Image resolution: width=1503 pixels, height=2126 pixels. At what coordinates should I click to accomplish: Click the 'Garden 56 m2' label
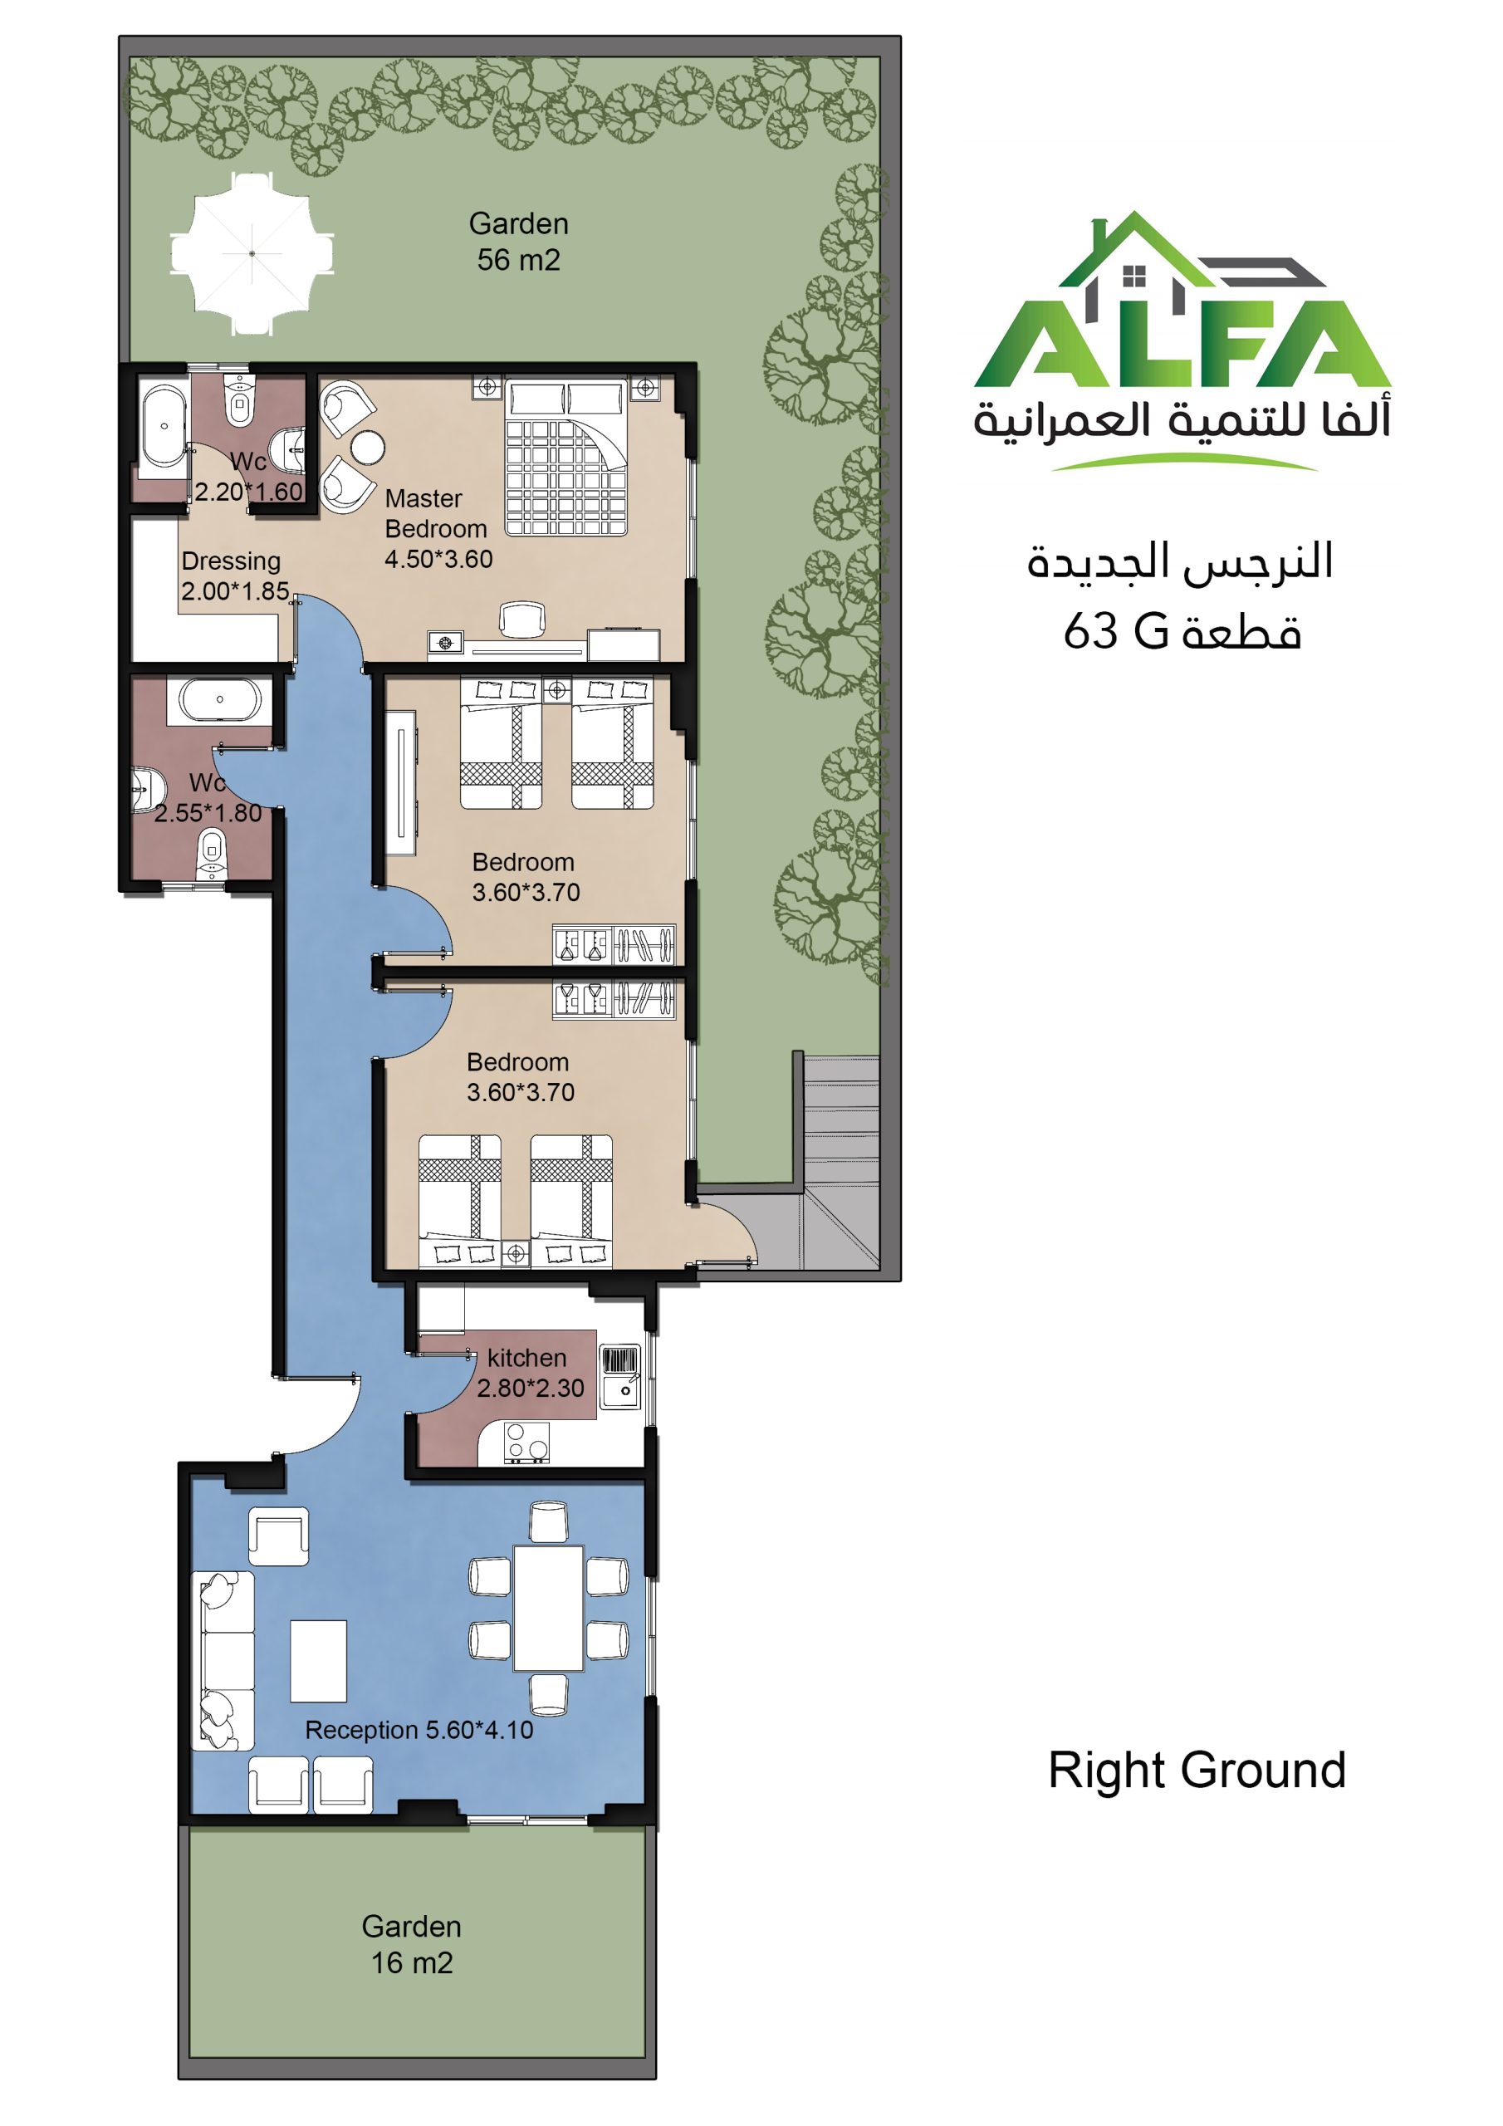(519, 241)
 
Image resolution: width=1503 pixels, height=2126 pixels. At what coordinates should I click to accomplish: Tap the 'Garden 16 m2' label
(411, 1944)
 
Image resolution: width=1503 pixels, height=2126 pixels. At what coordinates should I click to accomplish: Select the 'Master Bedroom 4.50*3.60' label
(438, 528)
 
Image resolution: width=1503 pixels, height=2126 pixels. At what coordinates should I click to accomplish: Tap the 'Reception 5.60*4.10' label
(419, 1730)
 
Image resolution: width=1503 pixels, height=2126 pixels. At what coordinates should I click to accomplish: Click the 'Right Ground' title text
(1197, 1770)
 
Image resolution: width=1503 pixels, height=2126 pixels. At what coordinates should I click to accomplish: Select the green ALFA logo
(1182, 340)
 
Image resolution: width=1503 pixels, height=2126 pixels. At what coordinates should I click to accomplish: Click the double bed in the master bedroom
(565, 458)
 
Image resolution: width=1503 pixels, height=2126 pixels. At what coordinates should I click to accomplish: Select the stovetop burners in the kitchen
(526, 1443)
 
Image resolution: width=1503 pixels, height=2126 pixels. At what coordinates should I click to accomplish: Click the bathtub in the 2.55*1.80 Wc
(219, 700)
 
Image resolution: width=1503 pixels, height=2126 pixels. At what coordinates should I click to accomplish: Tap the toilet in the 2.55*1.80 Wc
(212, 852)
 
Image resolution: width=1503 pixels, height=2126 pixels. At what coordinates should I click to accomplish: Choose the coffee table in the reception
(319, 1661)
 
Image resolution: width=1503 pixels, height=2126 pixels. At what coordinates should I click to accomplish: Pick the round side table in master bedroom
(367, 448)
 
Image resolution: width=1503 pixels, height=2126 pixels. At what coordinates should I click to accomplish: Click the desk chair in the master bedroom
(521, 619)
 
